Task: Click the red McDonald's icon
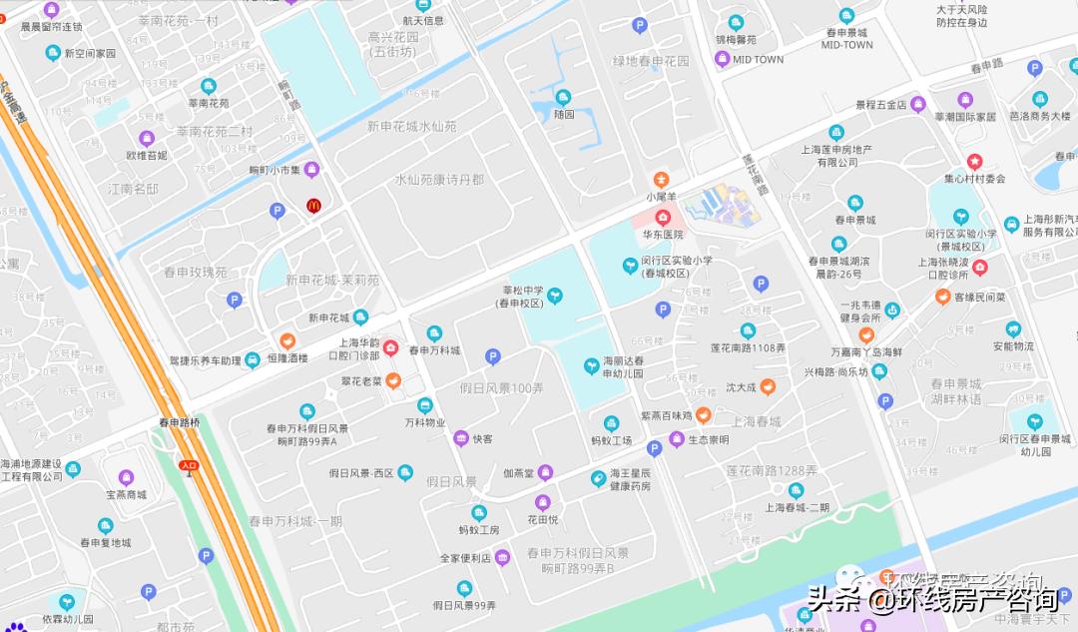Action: click(x=312, y=206)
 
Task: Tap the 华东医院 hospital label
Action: click(x=663, y=235)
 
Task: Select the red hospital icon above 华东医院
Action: click(x=663, y=217)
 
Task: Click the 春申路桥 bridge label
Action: click(x=180, y=422)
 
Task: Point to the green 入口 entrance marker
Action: click(x=189, y=464)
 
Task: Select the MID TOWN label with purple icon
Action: click(x=758, y=59)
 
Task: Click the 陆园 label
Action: click(x=564, y=114)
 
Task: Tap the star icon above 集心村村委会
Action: click(x=974, y=162)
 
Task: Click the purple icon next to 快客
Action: click(x=460, y=438)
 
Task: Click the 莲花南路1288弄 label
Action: click(x=772, y=470)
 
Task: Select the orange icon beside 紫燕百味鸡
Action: click(x=703, y=414)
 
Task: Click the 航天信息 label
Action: click(x=423, y=20)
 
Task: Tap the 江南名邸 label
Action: click(x=134, y=188)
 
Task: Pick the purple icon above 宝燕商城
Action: click(x=126, y=477)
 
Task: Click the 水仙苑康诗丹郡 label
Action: click(x=439, y=179)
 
